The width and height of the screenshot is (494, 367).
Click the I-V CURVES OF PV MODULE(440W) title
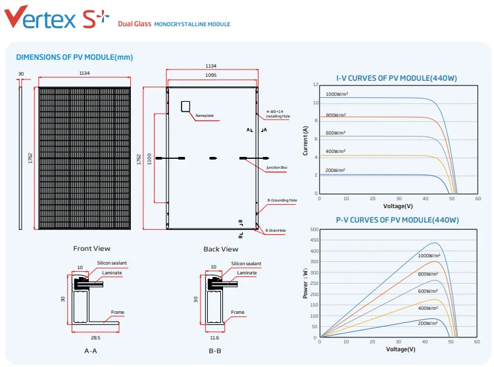[397, 78]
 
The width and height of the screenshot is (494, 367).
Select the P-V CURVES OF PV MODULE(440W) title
[397, 220]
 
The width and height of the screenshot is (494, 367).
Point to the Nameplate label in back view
[205, 116]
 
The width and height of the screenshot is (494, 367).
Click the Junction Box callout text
[277, 168]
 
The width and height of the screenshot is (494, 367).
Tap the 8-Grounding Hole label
[282, 200]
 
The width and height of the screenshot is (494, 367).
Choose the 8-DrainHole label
[276, 230]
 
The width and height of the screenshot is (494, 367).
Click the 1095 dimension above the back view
[210, 76]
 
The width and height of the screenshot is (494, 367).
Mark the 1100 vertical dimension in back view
[149, 158]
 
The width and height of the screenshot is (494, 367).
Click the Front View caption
[91, 249]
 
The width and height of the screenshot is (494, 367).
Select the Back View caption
[220, 249]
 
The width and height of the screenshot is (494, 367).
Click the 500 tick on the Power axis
[314, 230]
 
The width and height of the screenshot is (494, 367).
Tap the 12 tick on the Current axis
[316, 85]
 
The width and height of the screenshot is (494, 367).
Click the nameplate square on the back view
[186, 106]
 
